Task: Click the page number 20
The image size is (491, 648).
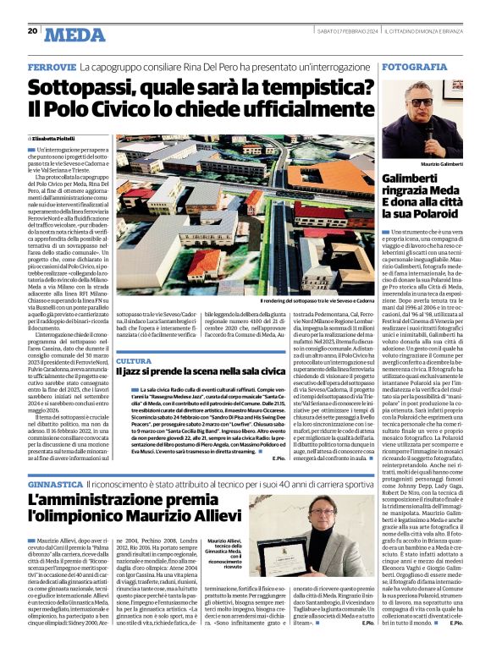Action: click(x=32, y=31)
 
